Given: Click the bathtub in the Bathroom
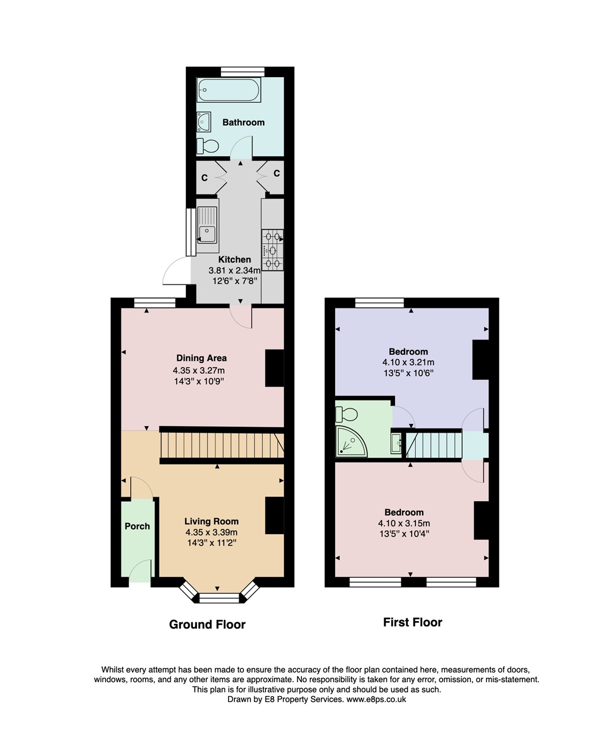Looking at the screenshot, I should pyautogui.click(x=229, y=90).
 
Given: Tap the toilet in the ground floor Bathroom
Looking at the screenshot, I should pyautogui.click(x=208, y=146).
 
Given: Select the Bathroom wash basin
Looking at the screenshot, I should pyautogui.click(x=204, y=122).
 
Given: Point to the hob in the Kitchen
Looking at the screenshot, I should pyautogui.click(x=272, y=250).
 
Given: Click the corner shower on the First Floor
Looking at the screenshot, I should pyautogui.click(x=351, y=441).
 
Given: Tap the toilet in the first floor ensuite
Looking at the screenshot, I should pyautogui.click(x=346, y=414).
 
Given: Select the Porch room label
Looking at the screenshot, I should pyautogui.click(x=137, y=526).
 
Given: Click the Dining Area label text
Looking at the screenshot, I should pyautogui.click(x=202, y=358).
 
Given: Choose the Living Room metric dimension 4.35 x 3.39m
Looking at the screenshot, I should pyautogui.click(x=211, y=532).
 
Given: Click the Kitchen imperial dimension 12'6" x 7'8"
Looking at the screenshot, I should pyautogui.click(x=234, y=281).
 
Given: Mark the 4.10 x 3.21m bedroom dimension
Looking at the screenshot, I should pyautogui.click(x=408, y=363).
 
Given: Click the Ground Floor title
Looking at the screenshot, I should pyautogui.click(x=207, y=624).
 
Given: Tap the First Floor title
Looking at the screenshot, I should pyautogui.click(x=413, y=622).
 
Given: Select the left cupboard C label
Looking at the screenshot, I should pyautogui.click(x=204, y=178).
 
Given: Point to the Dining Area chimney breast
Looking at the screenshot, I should pyautogui.click(x=275, y=368).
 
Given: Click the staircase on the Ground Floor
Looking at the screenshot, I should pyautogui.click(x=222, y=445).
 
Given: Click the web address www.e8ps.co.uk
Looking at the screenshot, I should pyautogui.click(x=376, y=699).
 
